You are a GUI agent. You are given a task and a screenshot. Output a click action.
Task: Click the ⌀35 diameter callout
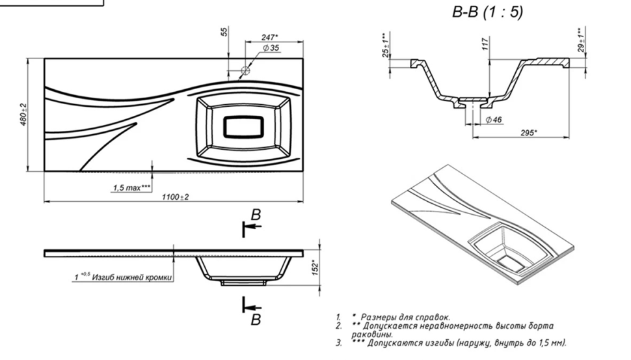point(271,49)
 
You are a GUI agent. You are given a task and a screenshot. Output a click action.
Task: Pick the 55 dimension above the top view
point(224,32)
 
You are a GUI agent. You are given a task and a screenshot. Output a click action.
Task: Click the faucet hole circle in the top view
point(246,70)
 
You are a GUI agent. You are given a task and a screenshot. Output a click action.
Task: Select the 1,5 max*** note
point(131,188)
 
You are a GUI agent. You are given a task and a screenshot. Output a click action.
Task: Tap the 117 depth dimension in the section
point(484,46)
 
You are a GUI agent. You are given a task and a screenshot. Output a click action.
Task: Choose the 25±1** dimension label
point(385,46)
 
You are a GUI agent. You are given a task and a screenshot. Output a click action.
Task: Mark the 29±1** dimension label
point(580,40)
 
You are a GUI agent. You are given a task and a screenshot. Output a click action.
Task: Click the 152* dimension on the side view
point(314,267)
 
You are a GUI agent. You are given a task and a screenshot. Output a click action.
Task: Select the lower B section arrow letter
point(256,319)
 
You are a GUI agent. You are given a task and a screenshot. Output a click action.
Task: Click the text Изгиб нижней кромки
point(131,277)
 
